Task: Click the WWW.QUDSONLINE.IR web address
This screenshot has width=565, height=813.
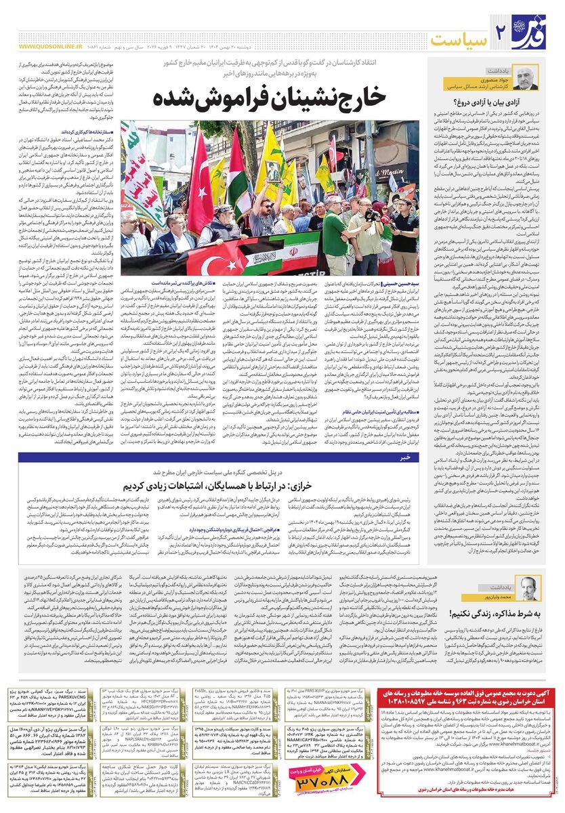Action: point(51,47)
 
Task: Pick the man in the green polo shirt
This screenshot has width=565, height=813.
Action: point(334,234)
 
